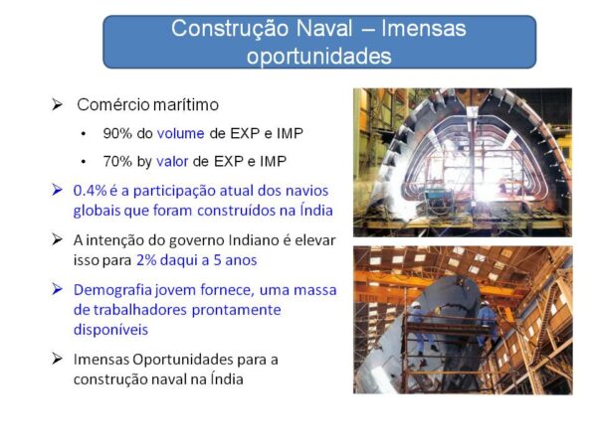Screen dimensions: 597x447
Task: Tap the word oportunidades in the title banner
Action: [319, 57]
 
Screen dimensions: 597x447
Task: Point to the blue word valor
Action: [172, 162]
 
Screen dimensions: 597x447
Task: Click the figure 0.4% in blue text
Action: [90, 191]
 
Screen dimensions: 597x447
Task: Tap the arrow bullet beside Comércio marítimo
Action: [57, 104]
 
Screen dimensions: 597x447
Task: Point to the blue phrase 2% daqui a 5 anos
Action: [196, 260]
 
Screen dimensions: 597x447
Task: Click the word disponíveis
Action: [110, 330]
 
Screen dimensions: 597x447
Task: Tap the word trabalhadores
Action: [140, 310]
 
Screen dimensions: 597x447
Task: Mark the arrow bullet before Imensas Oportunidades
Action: [57, 359]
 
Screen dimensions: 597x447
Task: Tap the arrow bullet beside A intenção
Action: [57, 239]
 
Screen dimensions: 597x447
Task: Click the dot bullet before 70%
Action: [84, 162]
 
